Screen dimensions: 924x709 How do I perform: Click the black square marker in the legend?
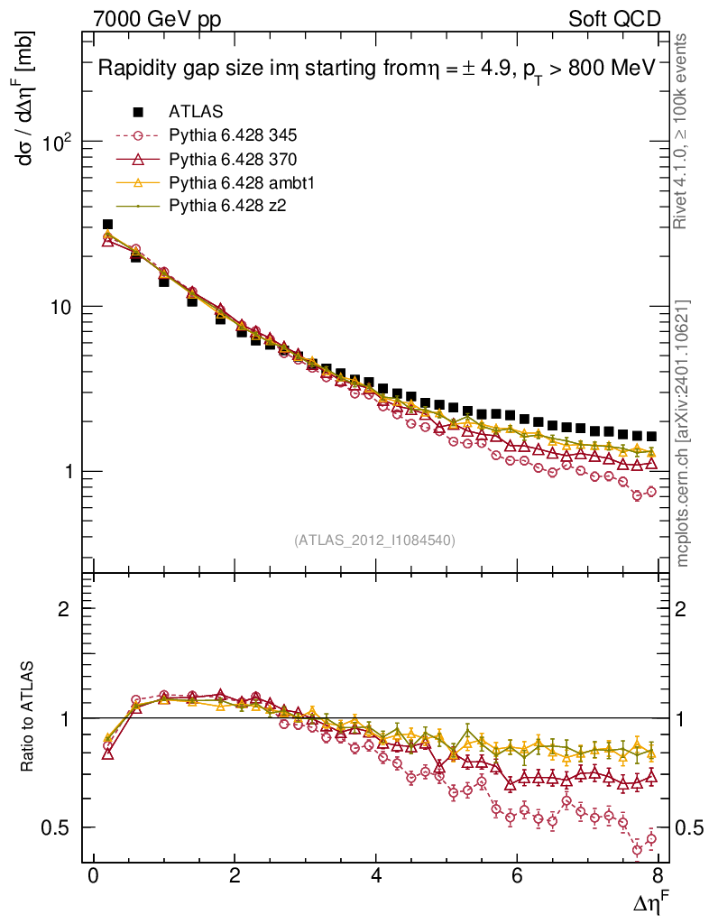pyautogui.click(x=138, y=113)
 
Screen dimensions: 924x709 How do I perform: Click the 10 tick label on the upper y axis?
pyautogui.click(x=66, y=307)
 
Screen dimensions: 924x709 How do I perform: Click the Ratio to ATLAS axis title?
pyautogui.click(x=27, y=717)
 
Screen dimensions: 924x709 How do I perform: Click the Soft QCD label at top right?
pyautogui.click(x=616, y=19)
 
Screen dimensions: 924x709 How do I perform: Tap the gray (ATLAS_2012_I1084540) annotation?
pyautogui.click(x=374, y=541)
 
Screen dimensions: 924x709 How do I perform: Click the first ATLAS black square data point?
pyautogui.click(x=107, y=225)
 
